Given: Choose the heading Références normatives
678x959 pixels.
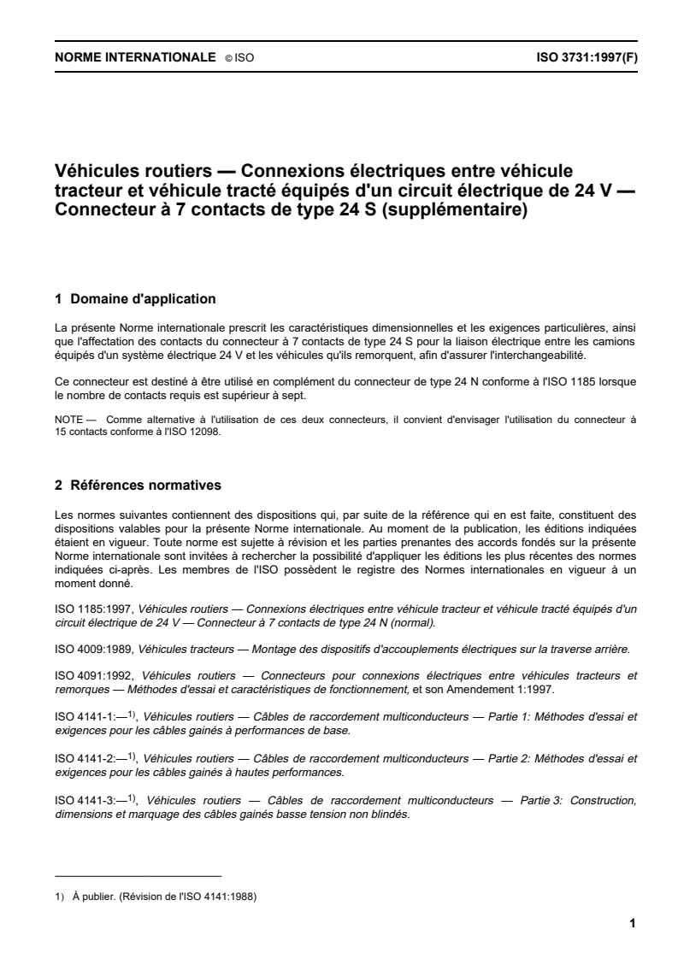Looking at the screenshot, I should [145, 485].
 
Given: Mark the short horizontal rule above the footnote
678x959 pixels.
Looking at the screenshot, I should [138, 876].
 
